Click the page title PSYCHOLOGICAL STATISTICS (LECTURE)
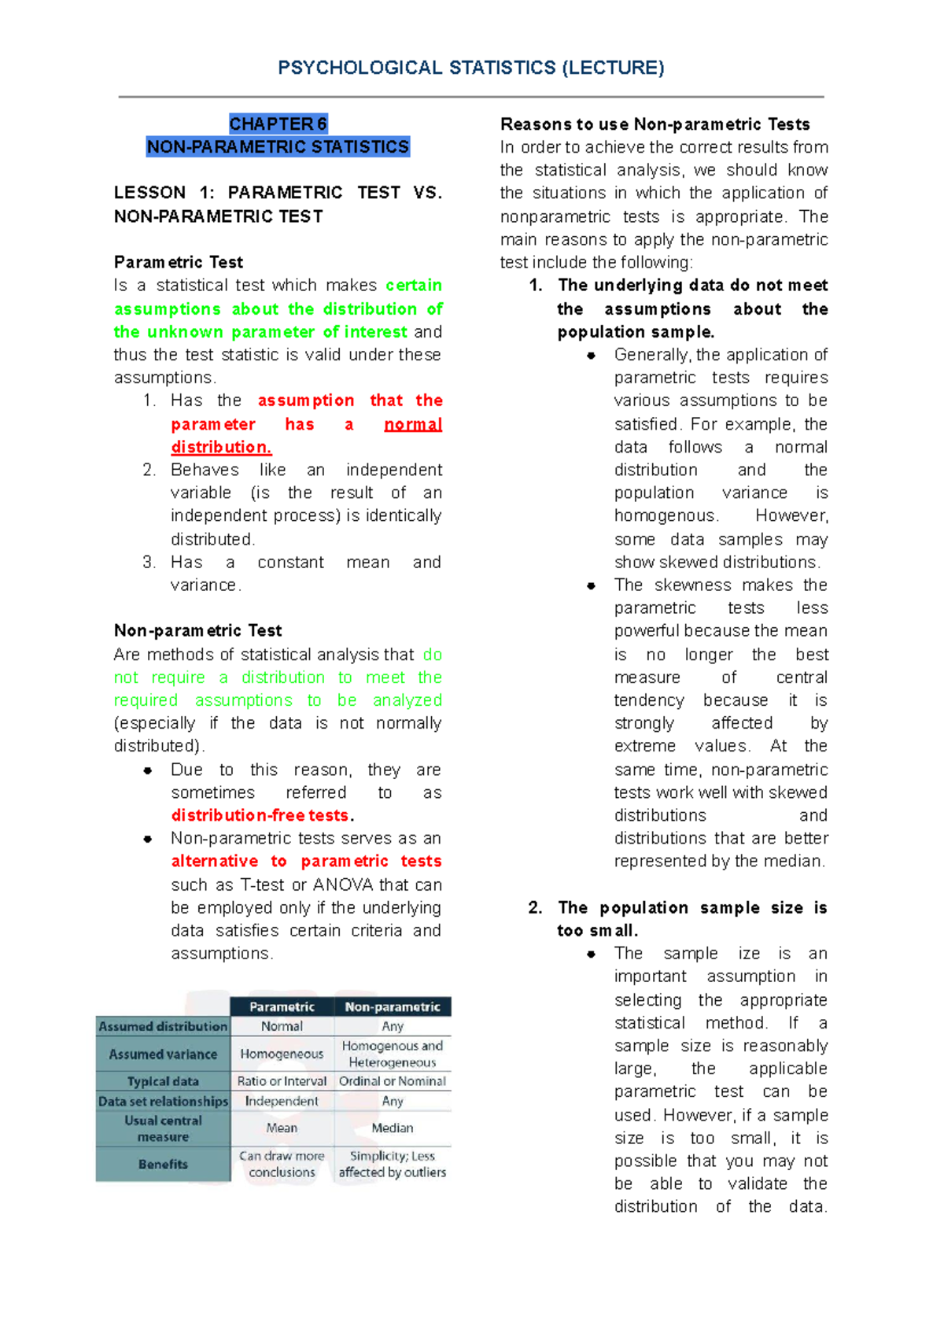470,68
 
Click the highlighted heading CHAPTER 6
278,124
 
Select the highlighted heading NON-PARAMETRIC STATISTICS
278,147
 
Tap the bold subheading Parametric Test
179,262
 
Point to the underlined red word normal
413,425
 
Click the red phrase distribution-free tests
260,815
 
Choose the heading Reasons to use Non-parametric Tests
655,124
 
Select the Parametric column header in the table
282,1007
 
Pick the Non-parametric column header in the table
393,1007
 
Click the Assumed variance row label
163,1054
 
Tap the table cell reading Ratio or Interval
282,1081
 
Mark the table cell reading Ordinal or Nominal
393,1081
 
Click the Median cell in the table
393,1128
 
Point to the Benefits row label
163,1165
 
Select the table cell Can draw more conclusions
282,1164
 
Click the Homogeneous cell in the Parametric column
282,1054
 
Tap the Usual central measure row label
163,1128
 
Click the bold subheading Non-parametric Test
197,630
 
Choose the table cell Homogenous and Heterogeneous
393,1054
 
